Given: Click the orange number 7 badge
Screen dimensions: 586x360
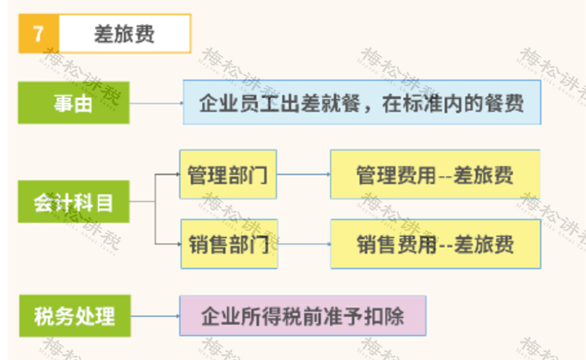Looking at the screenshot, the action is pyautogui.click(x=39, y=33).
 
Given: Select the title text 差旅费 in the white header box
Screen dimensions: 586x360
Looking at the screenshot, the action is pyautogui.click(x=124, y=34).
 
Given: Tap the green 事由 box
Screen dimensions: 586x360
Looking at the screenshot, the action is pyautogui.click(x=74, y=103).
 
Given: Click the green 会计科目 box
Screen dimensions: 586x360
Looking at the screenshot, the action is pyautogui.click(x=74, y=202).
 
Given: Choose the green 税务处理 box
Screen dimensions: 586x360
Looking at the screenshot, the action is pyautogui.click(x=75, y=316).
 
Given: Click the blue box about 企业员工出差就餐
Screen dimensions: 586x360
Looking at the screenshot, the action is pyautogui.click(x=362, y=102).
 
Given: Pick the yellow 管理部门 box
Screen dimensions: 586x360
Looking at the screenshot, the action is pyautogui.click(x=228, y=174).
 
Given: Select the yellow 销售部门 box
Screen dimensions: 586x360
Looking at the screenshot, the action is pyautogui.click(x=229, y=244).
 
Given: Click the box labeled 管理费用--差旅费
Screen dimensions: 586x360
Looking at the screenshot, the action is pyautogui.click(x=435, y=174).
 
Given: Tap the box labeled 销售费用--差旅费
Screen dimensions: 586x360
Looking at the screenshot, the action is pyautogui.click(x=436, y=244).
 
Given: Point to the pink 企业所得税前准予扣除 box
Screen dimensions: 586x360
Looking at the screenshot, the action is pyautogui.click(x=303, y=316).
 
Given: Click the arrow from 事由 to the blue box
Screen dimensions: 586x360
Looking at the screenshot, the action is pyautogui.click(x=157, y=103).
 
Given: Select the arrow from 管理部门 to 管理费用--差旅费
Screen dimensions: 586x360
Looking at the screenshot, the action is pyautogui.click(x=303, y=174).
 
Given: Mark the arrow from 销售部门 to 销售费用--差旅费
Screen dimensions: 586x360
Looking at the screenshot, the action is pyautogui.click(x=304, y=244).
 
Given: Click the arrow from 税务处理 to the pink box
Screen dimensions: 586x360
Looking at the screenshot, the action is pyautogui.click(x=155, y=316).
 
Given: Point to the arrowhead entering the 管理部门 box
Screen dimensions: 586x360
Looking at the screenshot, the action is pyautogui.click(x=177, y=174).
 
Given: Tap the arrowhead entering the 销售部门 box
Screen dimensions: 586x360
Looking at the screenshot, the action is pyautogui.click(x=179, y=244).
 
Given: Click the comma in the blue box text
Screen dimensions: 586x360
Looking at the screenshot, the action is pyautogui.click(x=368, y=108).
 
